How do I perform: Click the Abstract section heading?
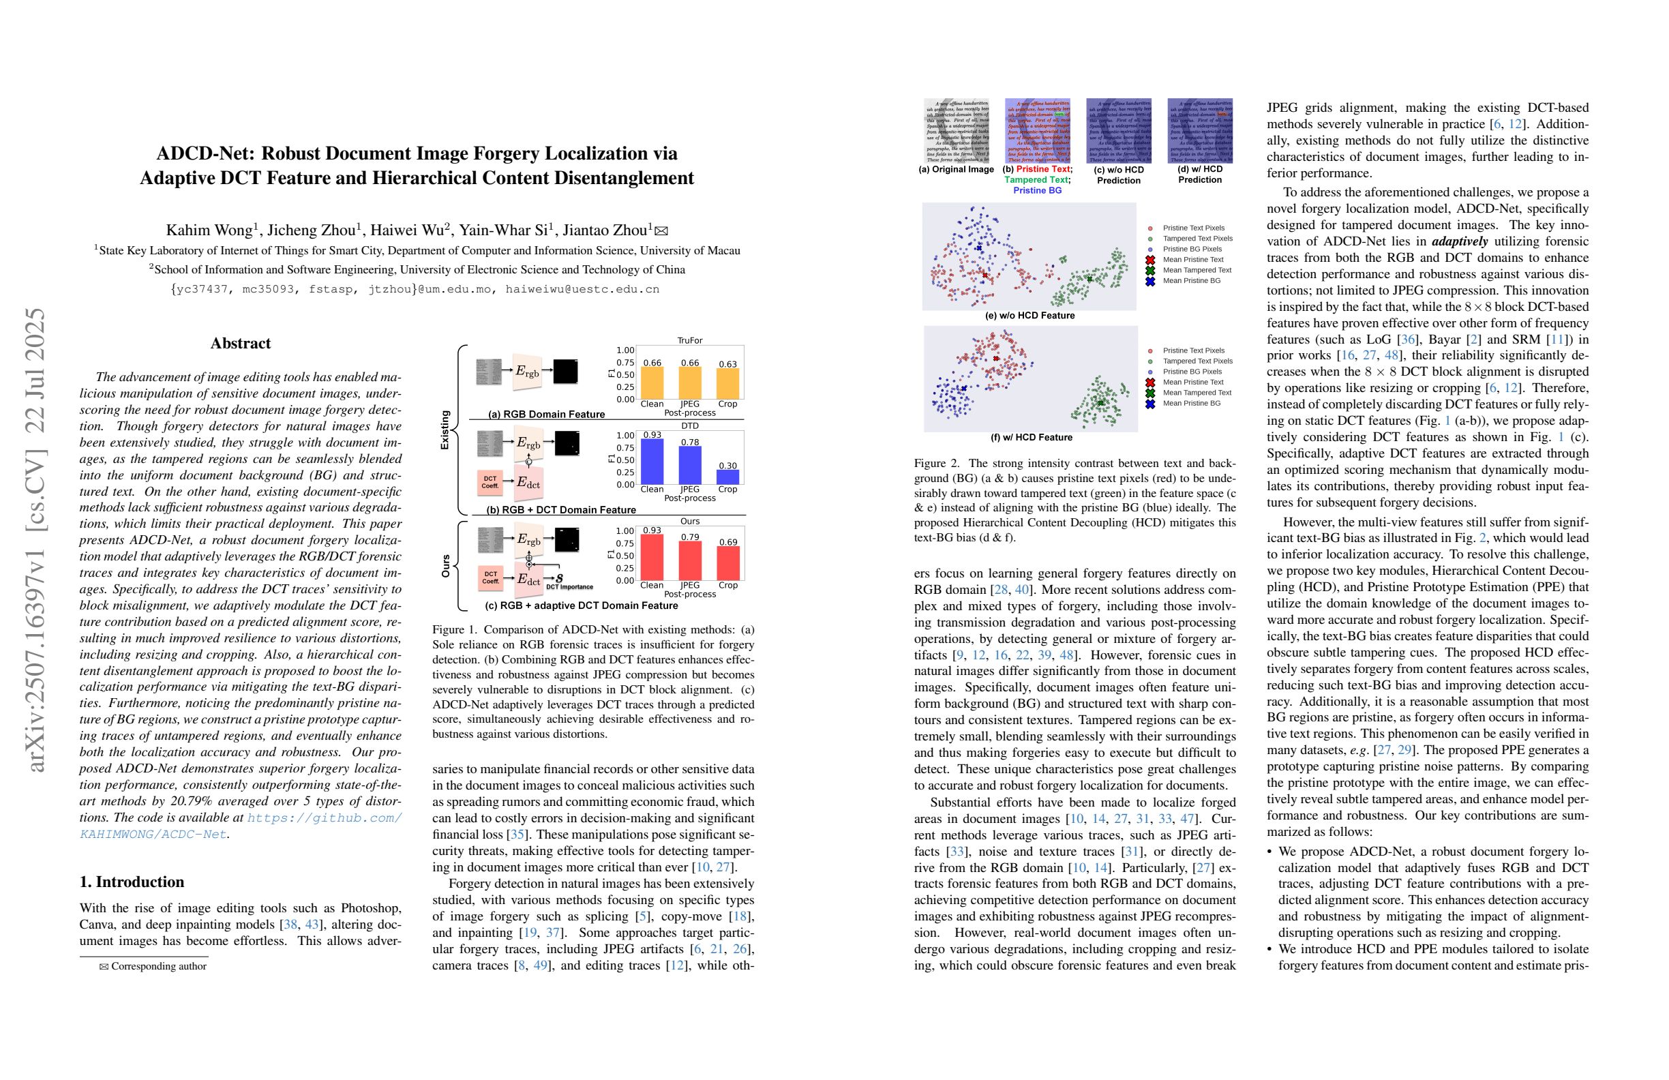241,344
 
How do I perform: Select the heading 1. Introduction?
132,882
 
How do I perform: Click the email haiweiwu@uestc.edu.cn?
582,289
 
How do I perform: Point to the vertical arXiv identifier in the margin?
35,539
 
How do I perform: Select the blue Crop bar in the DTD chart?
727,477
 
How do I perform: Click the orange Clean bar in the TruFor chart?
652,383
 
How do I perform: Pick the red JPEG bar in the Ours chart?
690,560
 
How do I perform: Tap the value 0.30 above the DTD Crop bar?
727,466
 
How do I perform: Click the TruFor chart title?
689,341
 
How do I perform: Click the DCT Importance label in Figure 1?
569,587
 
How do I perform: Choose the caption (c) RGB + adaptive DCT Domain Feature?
582,605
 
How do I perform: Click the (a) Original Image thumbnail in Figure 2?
957,131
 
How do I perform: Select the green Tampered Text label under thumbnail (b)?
1036,180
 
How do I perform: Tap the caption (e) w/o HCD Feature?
1029,316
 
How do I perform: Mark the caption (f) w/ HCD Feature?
1031,438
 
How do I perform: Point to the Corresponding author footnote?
158,966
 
